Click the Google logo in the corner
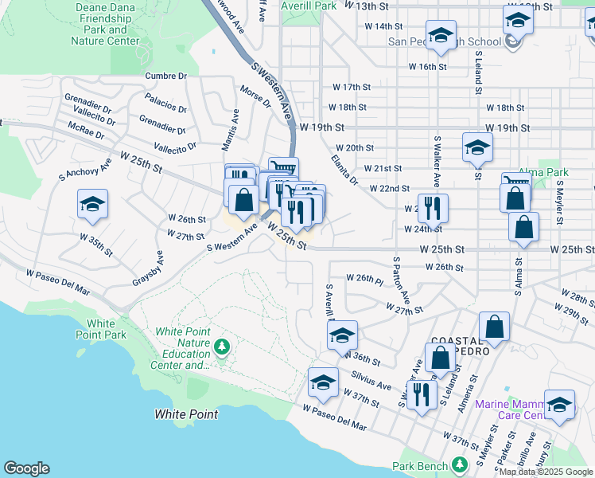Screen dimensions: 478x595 [26, 468]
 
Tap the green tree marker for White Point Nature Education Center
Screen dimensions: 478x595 [224, 346]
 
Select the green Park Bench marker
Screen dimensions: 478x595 [459, 464]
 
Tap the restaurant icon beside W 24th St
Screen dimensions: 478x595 [433, 208]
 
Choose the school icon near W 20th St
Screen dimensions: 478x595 [477, 147]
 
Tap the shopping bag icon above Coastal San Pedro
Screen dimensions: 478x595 [494, 326]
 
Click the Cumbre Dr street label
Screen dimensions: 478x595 [165, 76]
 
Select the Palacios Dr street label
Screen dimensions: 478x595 [166, 104]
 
